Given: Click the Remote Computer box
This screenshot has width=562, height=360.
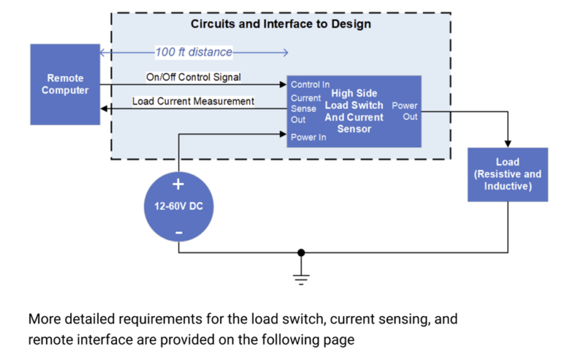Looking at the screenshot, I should point(64,84).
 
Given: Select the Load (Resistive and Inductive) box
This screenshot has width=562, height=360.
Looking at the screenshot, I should point(507,174).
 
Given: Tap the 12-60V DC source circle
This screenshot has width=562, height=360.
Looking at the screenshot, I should point(178,207).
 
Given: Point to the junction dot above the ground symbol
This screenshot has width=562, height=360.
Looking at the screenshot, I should point(301,253).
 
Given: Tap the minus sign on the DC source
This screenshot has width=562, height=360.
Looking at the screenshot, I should point(178,233).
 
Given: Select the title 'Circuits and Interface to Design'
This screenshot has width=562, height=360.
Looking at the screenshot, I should point(280,24).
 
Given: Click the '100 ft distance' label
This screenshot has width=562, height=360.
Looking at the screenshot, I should point(193,52).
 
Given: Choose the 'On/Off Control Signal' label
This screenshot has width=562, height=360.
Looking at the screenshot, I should point(194,77).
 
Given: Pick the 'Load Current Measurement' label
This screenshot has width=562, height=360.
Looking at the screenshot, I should point(193,101).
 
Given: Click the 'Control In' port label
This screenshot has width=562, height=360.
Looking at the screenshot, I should point(310,85).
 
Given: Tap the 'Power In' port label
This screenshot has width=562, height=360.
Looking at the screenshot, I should point(308,137).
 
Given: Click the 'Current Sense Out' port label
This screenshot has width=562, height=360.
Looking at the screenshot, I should point(304,108).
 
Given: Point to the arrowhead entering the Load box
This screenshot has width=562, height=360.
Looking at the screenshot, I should point(507,143).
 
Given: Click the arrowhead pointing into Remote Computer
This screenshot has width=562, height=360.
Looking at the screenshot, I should point(104,109).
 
